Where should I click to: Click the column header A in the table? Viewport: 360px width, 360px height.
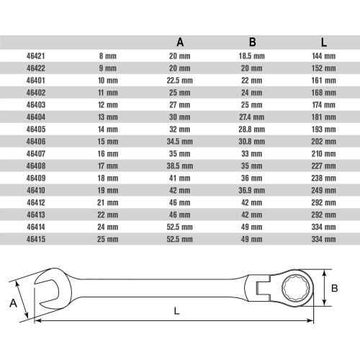tap(179, 42)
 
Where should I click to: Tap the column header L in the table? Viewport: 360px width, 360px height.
tap(324, 42)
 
